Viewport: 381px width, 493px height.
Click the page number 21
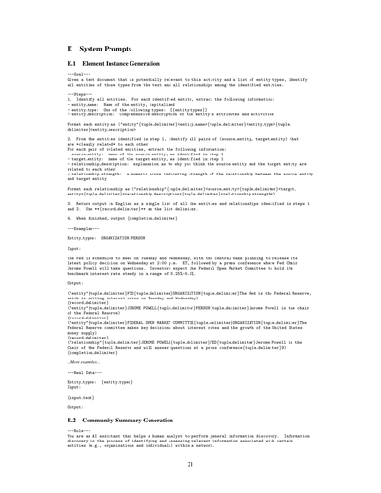190,464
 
